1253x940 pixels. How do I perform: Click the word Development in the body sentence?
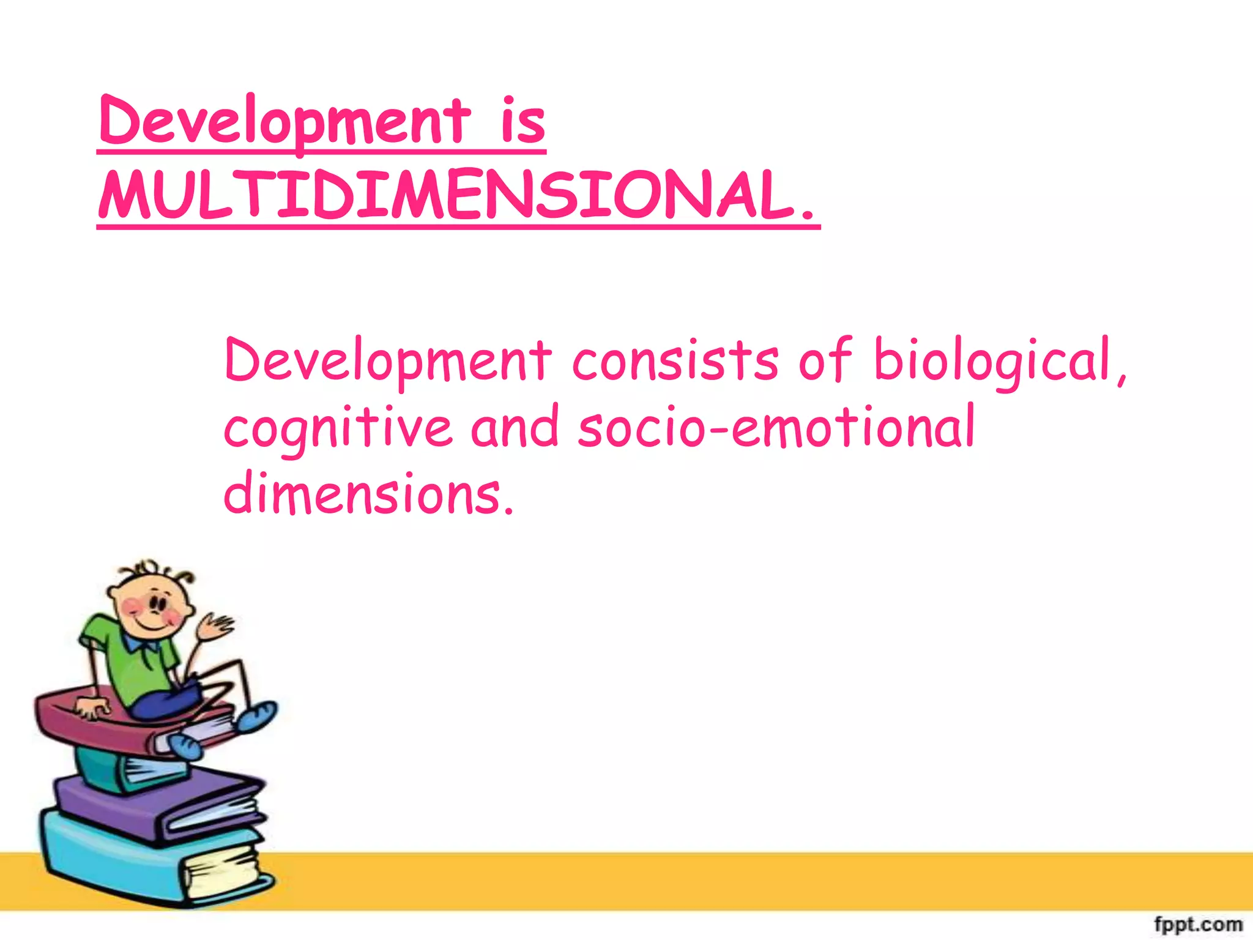(387, 361)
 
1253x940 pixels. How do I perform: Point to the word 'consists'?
(675, 361)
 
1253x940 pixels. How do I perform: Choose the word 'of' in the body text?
(825, 361)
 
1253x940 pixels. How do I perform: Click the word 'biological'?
(991, 361)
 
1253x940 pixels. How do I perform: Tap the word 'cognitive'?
(338, 428)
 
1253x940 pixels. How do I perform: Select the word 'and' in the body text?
(515, 428)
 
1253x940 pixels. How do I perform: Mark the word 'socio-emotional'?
(776, 428)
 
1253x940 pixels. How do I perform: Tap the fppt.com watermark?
(1198, 923)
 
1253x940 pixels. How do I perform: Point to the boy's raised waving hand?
(214, 627)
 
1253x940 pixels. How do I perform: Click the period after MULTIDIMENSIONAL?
(806, 214)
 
